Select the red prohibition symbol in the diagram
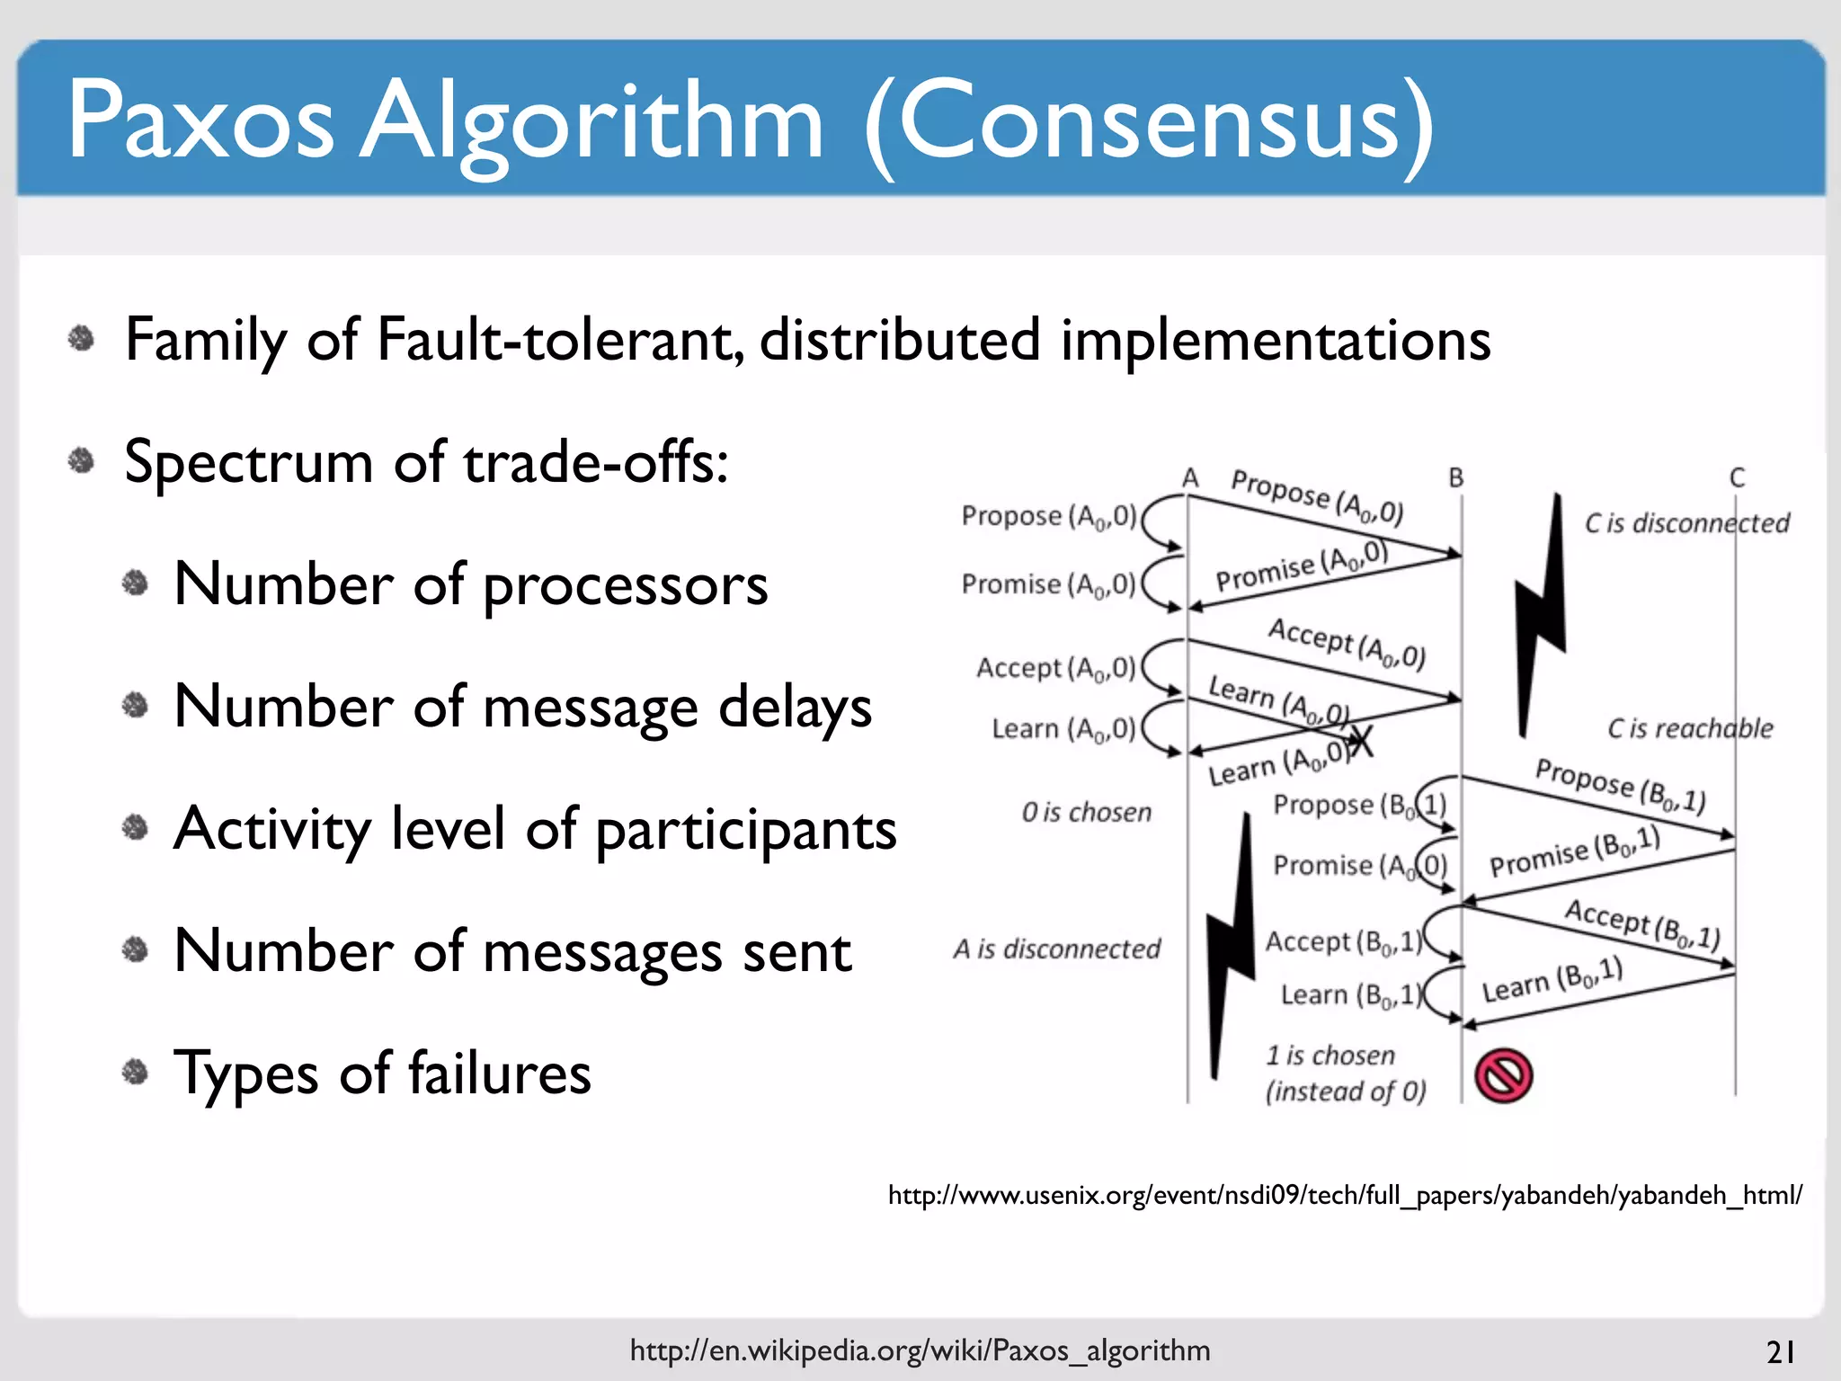pos(1504,1075)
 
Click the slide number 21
pos(1781,1351)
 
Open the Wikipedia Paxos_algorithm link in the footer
pos(920,1350)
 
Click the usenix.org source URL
pos(1345,1195)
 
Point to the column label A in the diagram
pos(1190,477)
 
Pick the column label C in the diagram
pos(1737,477)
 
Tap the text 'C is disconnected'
pos(1686,523)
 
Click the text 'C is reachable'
pos(1690,728)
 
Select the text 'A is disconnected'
pos(1057,949)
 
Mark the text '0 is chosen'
pos(1086,813)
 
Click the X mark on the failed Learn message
pos(1362,742)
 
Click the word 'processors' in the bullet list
pos(626,585)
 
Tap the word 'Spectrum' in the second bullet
pos(248,463)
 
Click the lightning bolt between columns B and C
pos(1540,611)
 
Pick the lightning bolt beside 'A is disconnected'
pos(1231,944)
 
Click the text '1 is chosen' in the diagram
pos(1330,1055)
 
